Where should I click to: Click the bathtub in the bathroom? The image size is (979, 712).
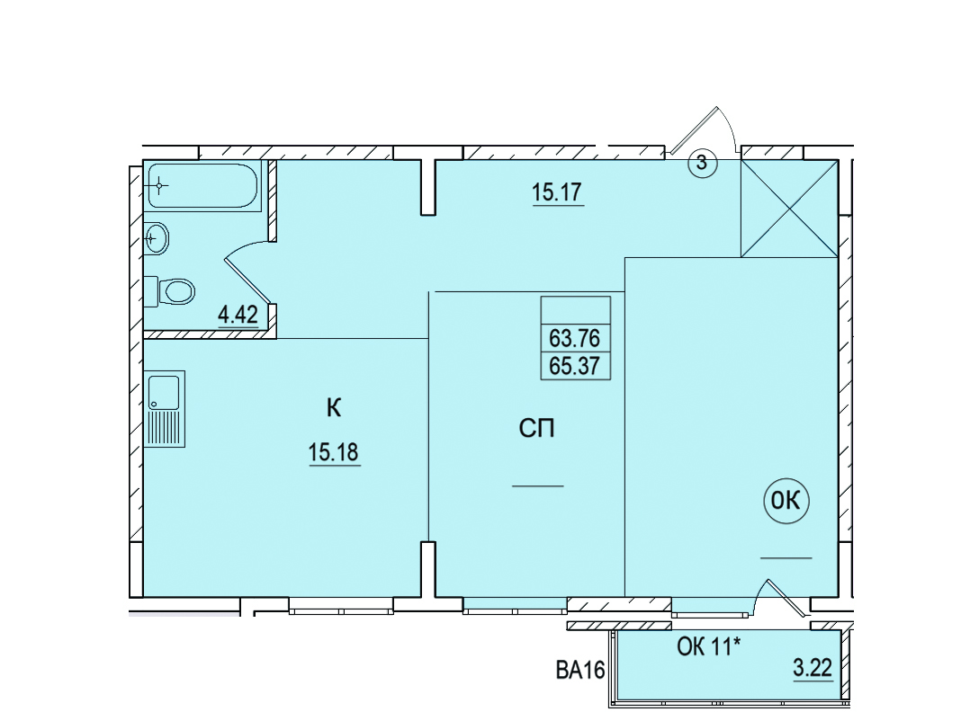pyautogui.click(x=203, y=185)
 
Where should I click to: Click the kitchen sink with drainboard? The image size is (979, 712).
pyautogui.click(x=165, y=409)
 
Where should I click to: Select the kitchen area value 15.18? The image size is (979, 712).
pyautogui.click(x=334, y=452)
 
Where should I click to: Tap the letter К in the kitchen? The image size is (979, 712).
pyautogui.click(x=334, y=408)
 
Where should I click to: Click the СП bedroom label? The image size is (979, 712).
pyautogui.click(x=537, y=428)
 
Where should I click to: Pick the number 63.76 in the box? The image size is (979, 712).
pyautogui.click(x=574, y=338)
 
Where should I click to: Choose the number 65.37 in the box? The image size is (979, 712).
pyautogui.click(x=574, y=366)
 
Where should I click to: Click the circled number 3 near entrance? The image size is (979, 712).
pyautogui.click(x=703, y=163)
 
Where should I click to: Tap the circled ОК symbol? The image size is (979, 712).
pyautogui.click(x=786, y=501)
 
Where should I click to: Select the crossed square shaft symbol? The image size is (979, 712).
pyautogui.click(x=789, y=209)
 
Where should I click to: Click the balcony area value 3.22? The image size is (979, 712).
pyautogui.click(x=813, y=668)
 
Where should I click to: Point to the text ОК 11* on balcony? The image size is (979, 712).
pyautogui.click(x=709, y=647)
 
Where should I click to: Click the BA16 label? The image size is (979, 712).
pyautogui.click(x=580, y=671)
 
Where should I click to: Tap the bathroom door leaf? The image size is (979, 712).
pyautogui.click(x=247, y=280)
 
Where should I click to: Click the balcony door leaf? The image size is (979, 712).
pyautogui.click(x=786, y=599)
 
